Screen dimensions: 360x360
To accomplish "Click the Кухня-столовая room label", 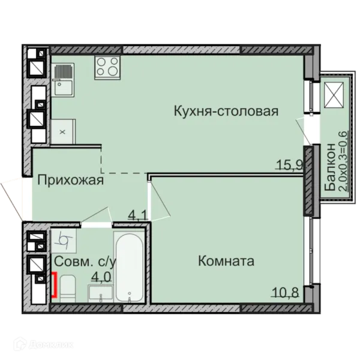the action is pos(226,111).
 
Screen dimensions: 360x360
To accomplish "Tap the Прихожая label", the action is pos(70,180).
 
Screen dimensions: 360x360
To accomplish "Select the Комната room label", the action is pos(226,261).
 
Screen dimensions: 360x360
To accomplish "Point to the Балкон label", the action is pos(330,167).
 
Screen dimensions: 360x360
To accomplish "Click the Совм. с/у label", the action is pos(85,262).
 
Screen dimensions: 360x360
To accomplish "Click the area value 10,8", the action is pos(286,293).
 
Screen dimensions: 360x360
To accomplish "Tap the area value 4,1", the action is pos(138,216).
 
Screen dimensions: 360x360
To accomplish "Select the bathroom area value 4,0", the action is pos(101,277).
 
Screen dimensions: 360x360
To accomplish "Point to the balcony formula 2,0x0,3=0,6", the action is pos(343,161).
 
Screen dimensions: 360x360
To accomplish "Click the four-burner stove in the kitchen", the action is pos(107,67).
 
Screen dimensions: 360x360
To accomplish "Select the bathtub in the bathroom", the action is pos(129,267).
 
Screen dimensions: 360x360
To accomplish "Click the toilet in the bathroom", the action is pos(68,289).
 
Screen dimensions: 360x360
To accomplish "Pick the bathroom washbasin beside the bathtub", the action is pos(100,293).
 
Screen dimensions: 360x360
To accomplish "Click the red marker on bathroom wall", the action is pos(54,284).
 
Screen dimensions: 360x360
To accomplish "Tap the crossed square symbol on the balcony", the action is pos(334,95).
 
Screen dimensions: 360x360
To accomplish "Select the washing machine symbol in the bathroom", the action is pos(64,241).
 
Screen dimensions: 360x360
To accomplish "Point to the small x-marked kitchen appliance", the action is pos(62,131).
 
